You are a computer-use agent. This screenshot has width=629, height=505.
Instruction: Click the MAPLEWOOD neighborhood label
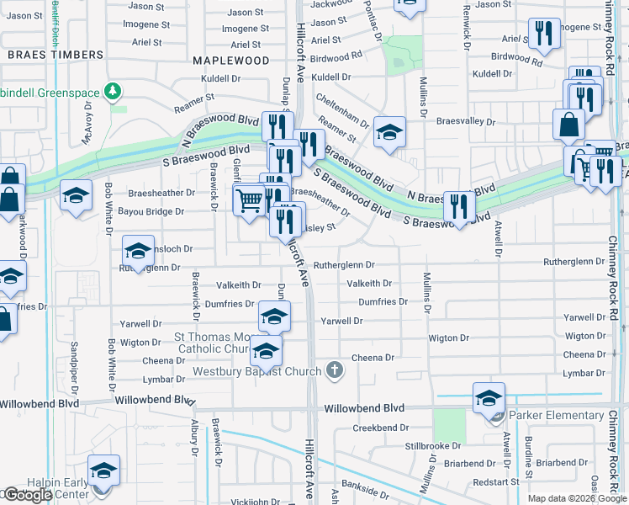(230, 61)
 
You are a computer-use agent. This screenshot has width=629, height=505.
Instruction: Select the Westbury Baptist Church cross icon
(335, 369)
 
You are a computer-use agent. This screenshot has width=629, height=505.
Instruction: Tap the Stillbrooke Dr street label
(435, 445)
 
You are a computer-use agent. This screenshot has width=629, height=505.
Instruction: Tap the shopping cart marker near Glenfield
(249, 200)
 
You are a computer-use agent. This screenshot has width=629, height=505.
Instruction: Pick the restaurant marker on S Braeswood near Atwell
(458, 205)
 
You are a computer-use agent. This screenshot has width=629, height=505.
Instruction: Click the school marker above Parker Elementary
(489, 397)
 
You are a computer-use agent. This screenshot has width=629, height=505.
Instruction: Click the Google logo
(27, 495)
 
